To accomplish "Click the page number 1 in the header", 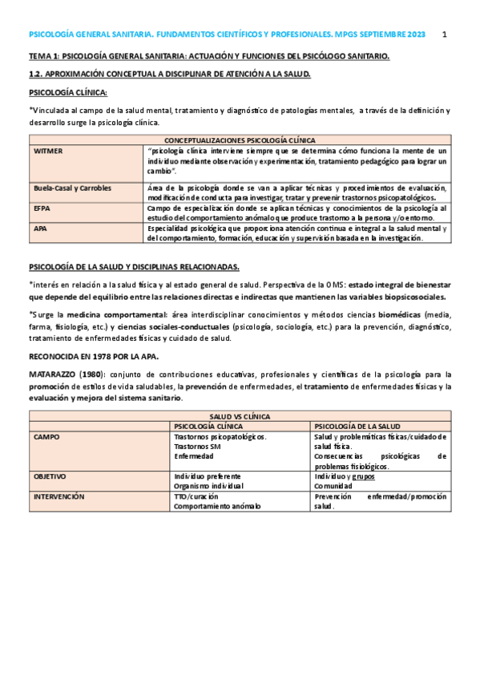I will (444, 35).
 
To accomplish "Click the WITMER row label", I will (47, 150).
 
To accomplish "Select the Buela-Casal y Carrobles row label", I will (72, 188).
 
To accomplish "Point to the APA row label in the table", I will (40, 229).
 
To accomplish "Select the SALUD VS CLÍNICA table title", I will (240, 417).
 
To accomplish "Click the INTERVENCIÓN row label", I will (58, 496).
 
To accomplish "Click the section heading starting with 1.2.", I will (168, 74).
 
